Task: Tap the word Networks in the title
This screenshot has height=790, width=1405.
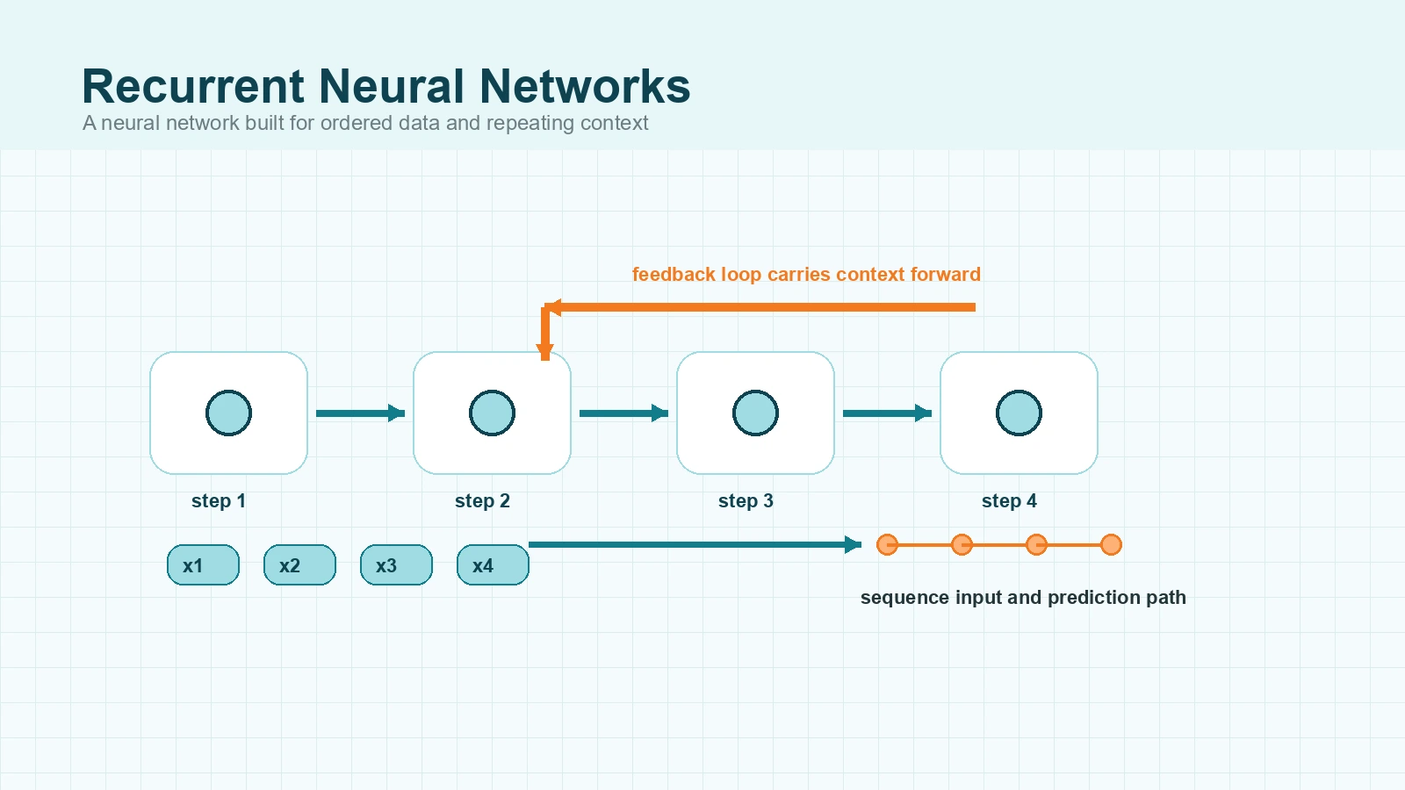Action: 585,86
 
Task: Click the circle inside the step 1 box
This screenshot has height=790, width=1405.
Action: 228,413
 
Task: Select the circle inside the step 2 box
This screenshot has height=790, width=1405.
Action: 492,413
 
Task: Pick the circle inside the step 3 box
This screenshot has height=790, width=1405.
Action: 755,413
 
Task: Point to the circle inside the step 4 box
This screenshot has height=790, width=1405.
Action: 1019,413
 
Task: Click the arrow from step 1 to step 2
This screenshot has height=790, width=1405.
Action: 360,413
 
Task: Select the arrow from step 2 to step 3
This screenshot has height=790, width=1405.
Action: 623,413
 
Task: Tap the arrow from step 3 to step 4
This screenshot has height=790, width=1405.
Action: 887,413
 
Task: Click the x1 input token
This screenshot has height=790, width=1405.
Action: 203,565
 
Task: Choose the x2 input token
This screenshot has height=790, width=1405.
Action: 299,565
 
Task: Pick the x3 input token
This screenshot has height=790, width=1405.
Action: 396,565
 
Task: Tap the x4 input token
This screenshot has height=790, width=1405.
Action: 493,565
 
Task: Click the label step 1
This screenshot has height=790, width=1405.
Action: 219,501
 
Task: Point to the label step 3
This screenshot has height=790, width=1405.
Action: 746,501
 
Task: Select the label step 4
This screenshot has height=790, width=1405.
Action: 1009,501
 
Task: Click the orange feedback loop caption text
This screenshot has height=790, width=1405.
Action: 806,275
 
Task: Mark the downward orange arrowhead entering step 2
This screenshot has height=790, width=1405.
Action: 544,353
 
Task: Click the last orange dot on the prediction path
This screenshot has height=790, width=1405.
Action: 1111,545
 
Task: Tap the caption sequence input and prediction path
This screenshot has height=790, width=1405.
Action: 1023,598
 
